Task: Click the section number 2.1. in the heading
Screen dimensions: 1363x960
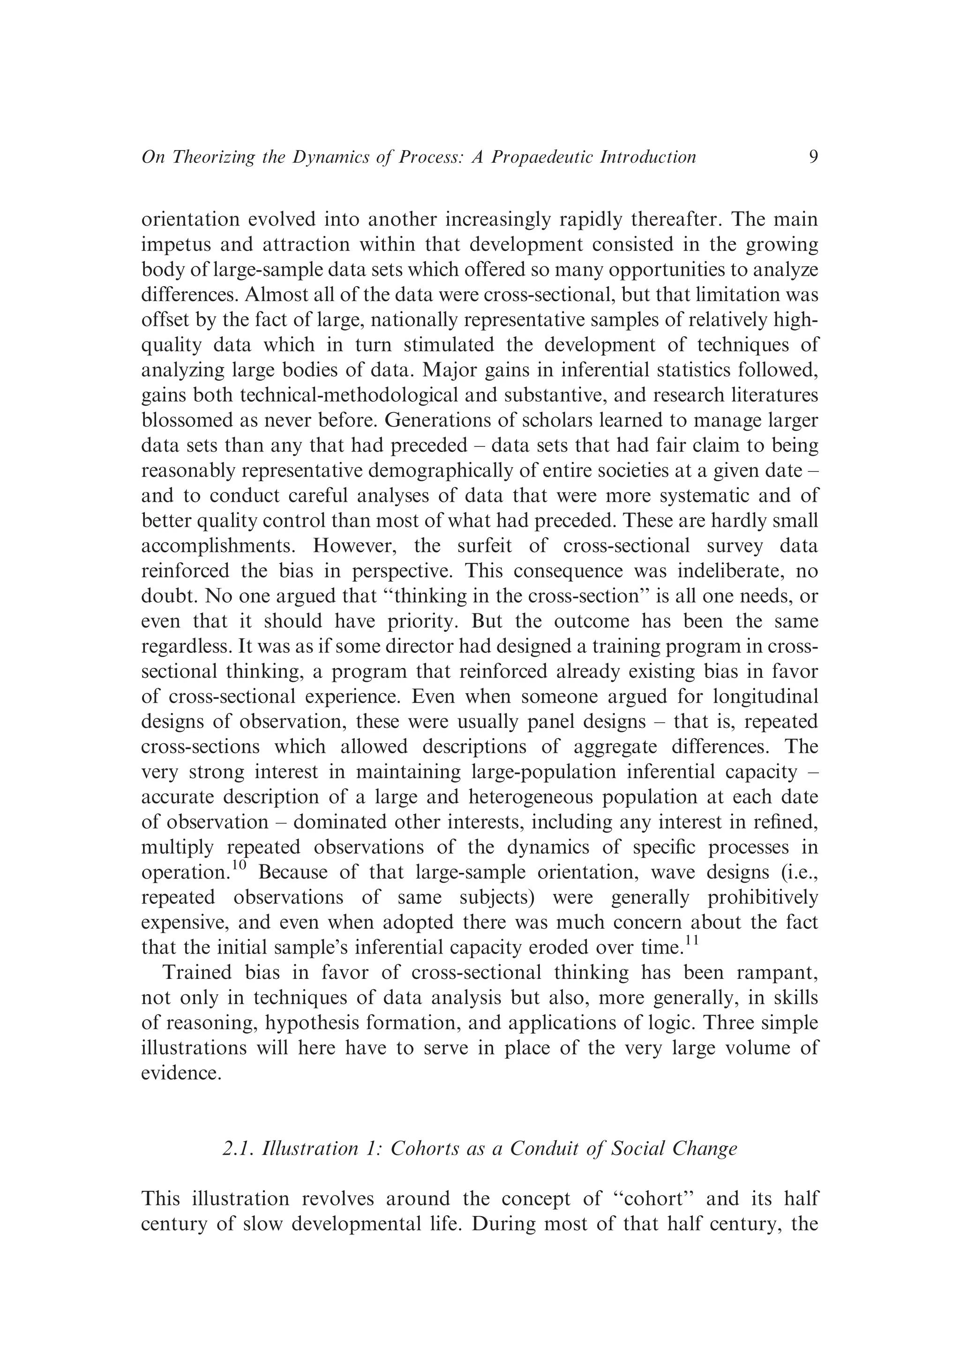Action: [x=239, y=1149]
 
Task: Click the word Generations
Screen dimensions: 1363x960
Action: [x=440, y=420]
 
